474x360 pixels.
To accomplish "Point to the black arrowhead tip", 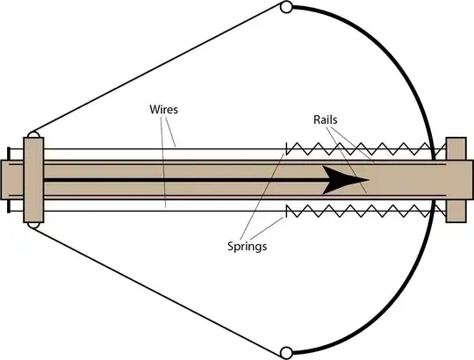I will (x=369, y=181).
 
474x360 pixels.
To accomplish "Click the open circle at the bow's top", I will (x=285, y=8).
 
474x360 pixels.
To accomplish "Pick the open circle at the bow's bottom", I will (x=285, y=353).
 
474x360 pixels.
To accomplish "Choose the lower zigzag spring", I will (x=360, y=212).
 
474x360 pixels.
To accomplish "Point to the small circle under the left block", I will (x=32, y=225).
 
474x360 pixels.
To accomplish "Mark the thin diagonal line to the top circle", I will (x=158, y=70).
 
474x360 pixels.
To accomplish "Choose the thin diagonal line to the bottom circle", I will (x=158, y=290).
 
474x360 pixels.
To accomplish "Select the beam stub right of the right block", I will (x=471, y=179).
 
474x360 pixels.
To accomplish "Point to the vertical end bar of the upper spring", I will (x=287, y=148).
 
